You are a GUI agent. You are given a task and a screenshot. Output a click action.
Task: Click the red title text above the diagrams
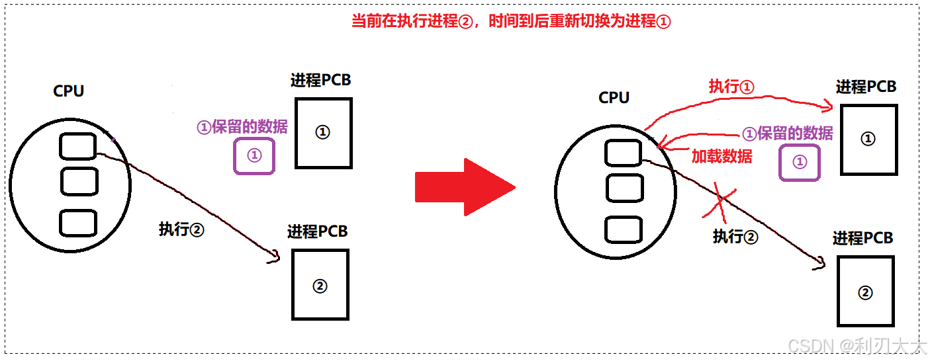(x=511, y=21)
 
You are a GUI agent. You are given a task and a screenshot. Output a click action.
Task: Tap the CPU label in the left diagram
(x=69, y=91)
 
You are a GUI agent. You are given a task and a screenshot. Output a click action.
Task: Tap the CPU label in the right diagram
(x=614, y=97)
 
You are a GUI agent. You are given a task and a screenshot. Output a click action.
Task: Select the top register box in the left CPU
(x=78, y=147)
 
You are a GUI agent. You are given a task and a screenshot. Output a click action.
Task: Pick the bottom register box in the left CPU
(x=78, y=223)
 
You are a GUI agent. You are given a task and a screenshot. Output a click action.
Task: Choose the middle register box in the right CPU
(x=624, y=188)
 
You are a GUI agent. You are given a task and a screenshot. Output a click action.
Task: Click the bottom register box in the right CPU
(x=624, y=229)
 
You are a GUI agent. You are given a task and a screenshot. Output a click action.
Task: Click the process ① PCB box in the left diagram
(x=323, y=133)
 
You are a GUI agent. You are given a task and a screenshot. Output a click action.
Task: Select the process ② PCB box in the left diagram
(x=320, y=286)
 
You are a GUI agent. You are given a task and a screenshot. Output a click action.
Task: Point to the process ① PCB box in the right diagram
(x=868, y=140)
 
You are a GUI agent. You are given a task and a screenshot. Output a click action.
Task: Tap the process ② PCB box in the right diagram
(x=865, y=292)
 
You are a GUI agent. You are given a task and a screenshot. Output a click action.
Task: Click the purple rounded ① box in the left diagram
(x=254, y=156)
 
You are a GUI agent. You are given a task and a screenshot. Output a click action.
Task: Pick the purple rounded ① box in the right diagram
(x=800, y=163)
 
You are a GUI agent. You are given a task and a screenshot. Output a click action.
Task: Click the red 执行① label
(x=732, y=87)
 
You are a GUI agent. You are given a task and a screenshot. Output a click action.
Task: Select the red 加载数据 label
(x=721, y=156)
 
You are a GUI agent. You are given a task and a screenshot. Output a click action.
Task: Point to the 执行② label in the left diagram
(x=181, y=229)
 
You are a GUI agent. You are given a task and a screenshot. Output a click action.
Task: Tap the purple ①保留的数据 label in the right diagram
(x=787, y=134)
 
